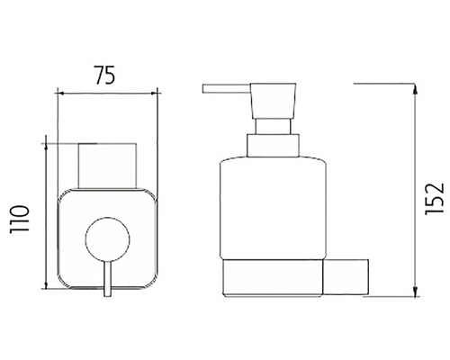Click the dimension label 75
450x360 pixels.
click(104, 75)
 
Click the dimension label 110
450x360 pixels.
click(20, 220)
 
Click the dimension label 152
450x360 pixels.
click(435, 198)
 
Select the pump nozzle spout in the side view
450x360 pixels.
click(227, 89)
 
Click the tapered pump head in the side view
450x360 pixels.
click(274, 101)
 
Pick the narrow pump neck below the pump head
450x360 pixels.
click(274, 126)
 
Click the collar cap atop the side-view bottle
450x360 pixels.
click(273, 145)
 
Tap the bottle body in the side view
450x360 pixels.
click(273, 208)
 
